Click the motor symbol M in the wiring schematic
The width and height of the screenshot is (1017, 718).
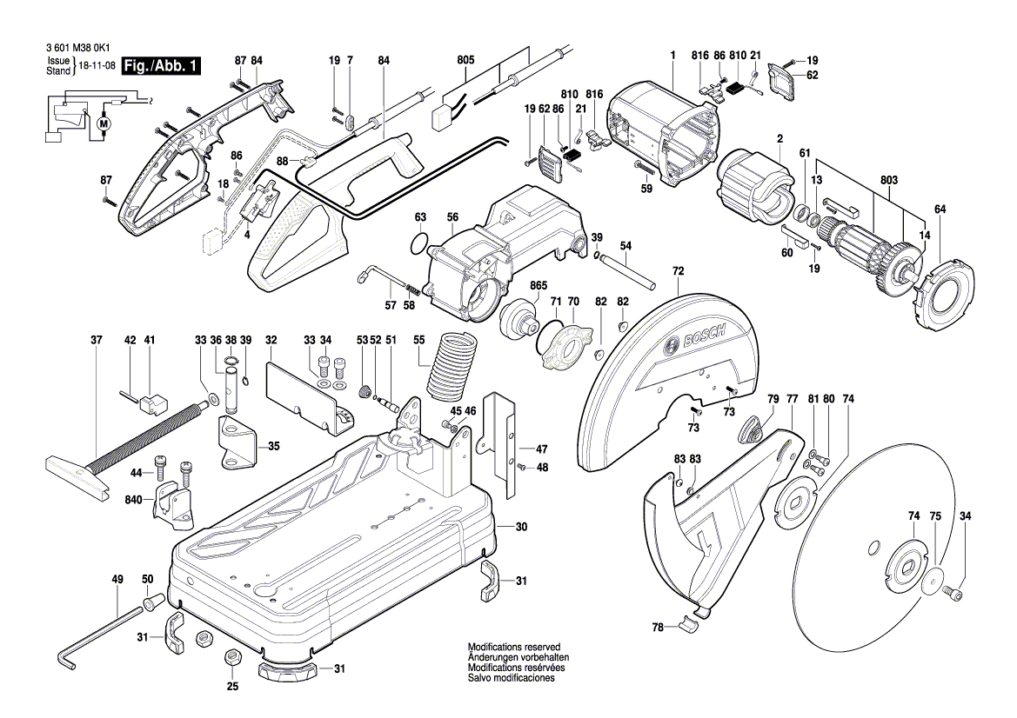[106, 123]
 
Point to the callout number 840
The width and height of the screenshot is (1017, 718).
[133, 501]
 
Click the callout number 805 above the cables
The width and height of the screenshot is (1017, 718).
[465, 60]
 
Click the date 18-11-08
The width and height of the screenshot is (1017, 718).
[97, 66]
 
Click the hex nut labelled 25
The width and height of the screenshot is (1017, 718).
[232, 656]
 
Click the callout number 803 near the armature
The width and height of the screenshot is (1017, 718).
[887, 180]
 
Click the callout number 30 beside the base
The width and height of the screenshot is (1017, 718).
[521, 527]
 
